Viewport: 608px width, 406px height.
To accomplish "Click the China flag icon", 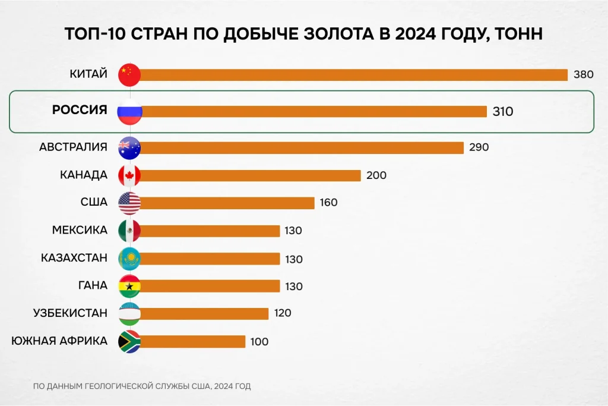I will coord(129,74).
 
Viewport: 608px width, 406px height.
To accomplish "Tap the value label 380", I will coord(583,75).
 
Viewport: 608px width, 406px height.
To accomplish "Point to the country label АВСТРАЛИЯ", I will coord(74,147).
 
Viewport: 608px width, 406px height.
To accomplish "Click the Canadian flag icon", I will coord(129,175).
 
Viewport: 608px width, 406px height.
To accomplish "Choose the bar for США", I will coord(227,203).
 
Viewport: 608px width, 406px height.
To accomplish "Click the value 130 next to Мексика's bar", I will coord(293,231).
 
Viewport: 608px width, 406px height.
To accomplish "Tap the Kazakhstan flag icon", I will coord(129,258).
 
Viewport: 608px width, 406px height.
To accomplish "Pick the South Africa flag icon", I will coord(129,341).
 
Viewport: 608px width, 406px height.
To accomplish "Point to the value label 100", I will coord(259,342).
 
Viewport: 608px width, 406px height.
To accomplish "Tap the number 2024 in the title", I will coord(410,34).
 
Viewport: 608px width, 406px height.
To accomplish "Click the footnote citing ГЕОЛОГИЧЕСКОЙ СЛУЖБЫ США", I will coord(142,386).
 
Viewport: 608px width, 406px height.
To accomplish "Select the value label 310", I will coord(502,112).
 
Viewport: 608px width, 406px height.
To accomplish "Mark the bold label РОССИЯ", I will coord(80,110).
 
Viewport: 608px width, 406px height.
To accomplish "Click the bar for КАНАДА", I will coord(250,175).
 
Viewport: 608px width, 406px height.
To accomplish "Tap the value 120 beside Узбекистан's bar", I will coord(282,313).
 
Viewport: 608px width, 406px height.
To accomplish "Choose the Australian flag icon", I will coord(129,147).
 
